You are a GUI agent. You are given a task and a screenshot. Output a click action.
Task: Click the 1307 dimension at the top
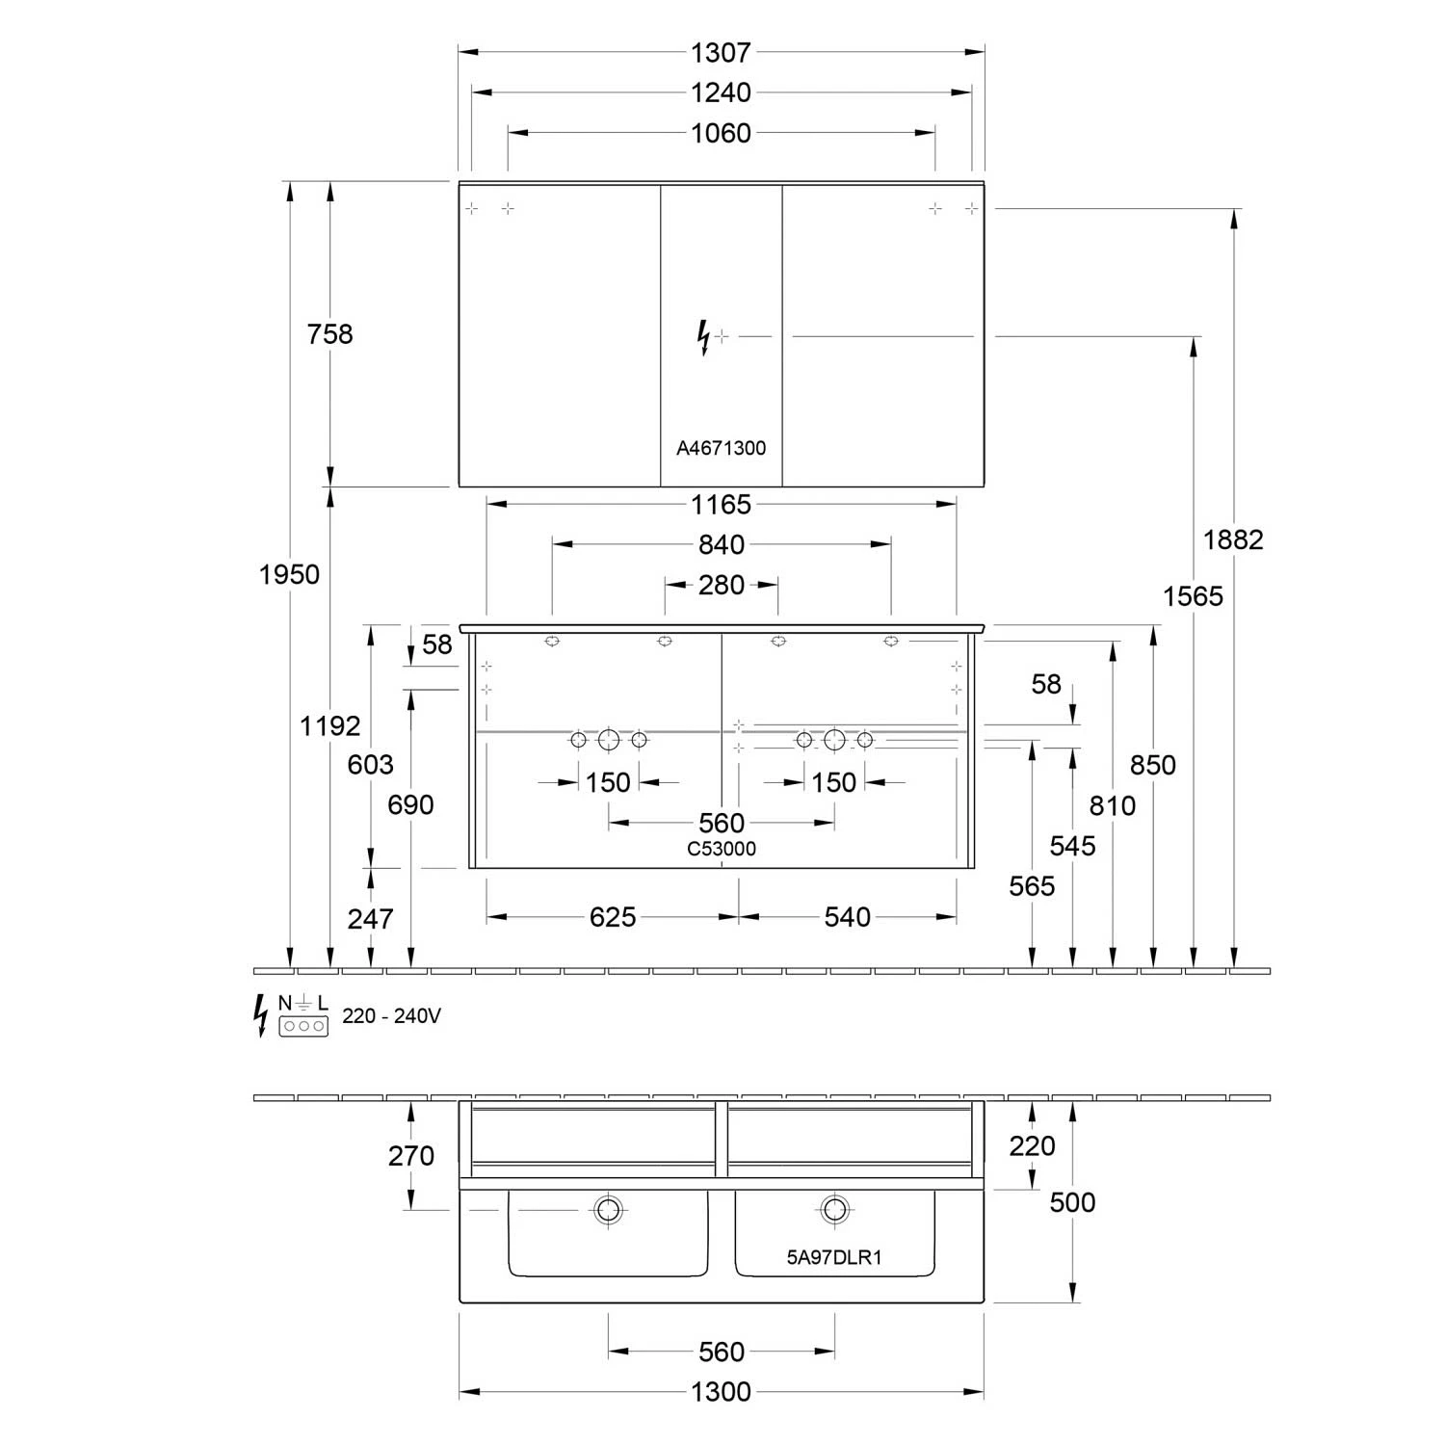(x=721, y=52)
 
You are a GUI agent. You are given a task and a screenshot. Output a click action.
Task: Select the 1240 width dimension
(x=721, y=92)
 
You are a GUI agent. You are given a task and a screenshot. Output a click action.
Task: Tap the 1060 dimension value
(x=721, y=133)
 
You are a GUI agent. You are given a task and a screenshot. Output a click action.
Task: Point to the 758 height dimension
(x=329, y=334)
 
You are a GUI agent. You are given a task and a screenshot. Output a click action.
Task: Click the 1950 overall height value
(x=289, y=574)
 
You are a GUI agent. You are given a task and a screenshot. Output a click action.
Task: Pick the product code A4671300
(x=721, y=448)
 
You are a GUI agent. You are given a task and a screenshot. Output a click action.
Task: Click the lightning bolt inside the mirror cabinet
(x=704, y=338)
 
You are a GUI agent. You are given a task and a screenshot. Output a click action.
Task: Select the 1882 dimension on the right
(x=1233, y=539)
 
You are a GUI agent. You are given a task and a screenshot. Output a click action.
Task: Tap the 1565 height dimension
(x=1193, y=596)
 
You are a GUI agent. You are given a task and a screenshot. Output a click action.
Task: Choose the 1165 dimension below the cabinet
(x=721, y=504)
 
